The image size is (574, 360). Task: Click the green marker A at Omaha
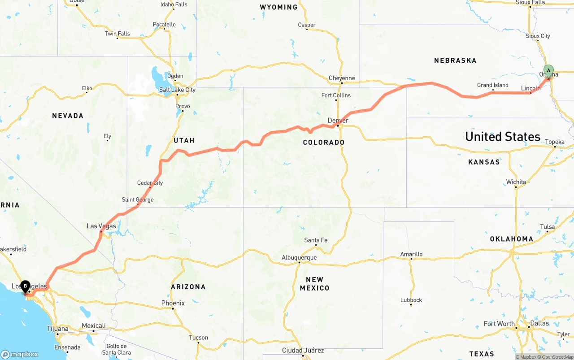click(x=548, y=71)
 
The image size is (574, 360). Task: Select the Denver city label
click(x=338, y=121)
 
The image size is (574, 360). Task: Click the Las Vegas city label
click(x=101, y=226)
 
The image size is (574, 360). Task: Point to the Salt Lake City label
click(x=177, y=90)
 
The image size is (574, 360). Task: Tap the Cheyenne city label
click(x=341, y=78)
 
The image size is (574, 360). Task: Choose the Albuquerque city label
click(x=299, y=257)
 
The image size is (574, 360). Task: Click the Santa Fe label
click(x=316, y=240)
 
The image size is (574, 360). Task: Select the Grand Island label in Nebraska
click(x=492, y=85)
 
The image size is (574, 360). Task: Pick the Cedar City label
click(x=150, y=183)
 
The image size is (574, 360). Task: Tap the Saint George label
click(x=137, y=200)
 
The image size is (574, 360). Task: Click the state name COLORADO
click(x=323, y=143)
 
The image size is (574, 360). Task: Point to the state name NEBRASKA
click(x=455, y=61)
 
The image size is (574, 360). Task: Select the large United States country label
click(x=503, y=137)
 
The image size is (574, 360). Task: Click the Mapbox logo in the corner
click(x=20, y=354)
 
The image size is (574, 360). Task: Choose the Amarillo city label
click(x=411, y=254)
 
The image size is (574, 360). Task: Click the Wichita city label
click(x=516, y=182)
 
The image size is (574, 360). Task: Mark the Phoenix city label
click(x=173, y=303)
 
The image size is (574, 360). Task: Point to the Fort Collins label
click(x=336, y=95)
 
